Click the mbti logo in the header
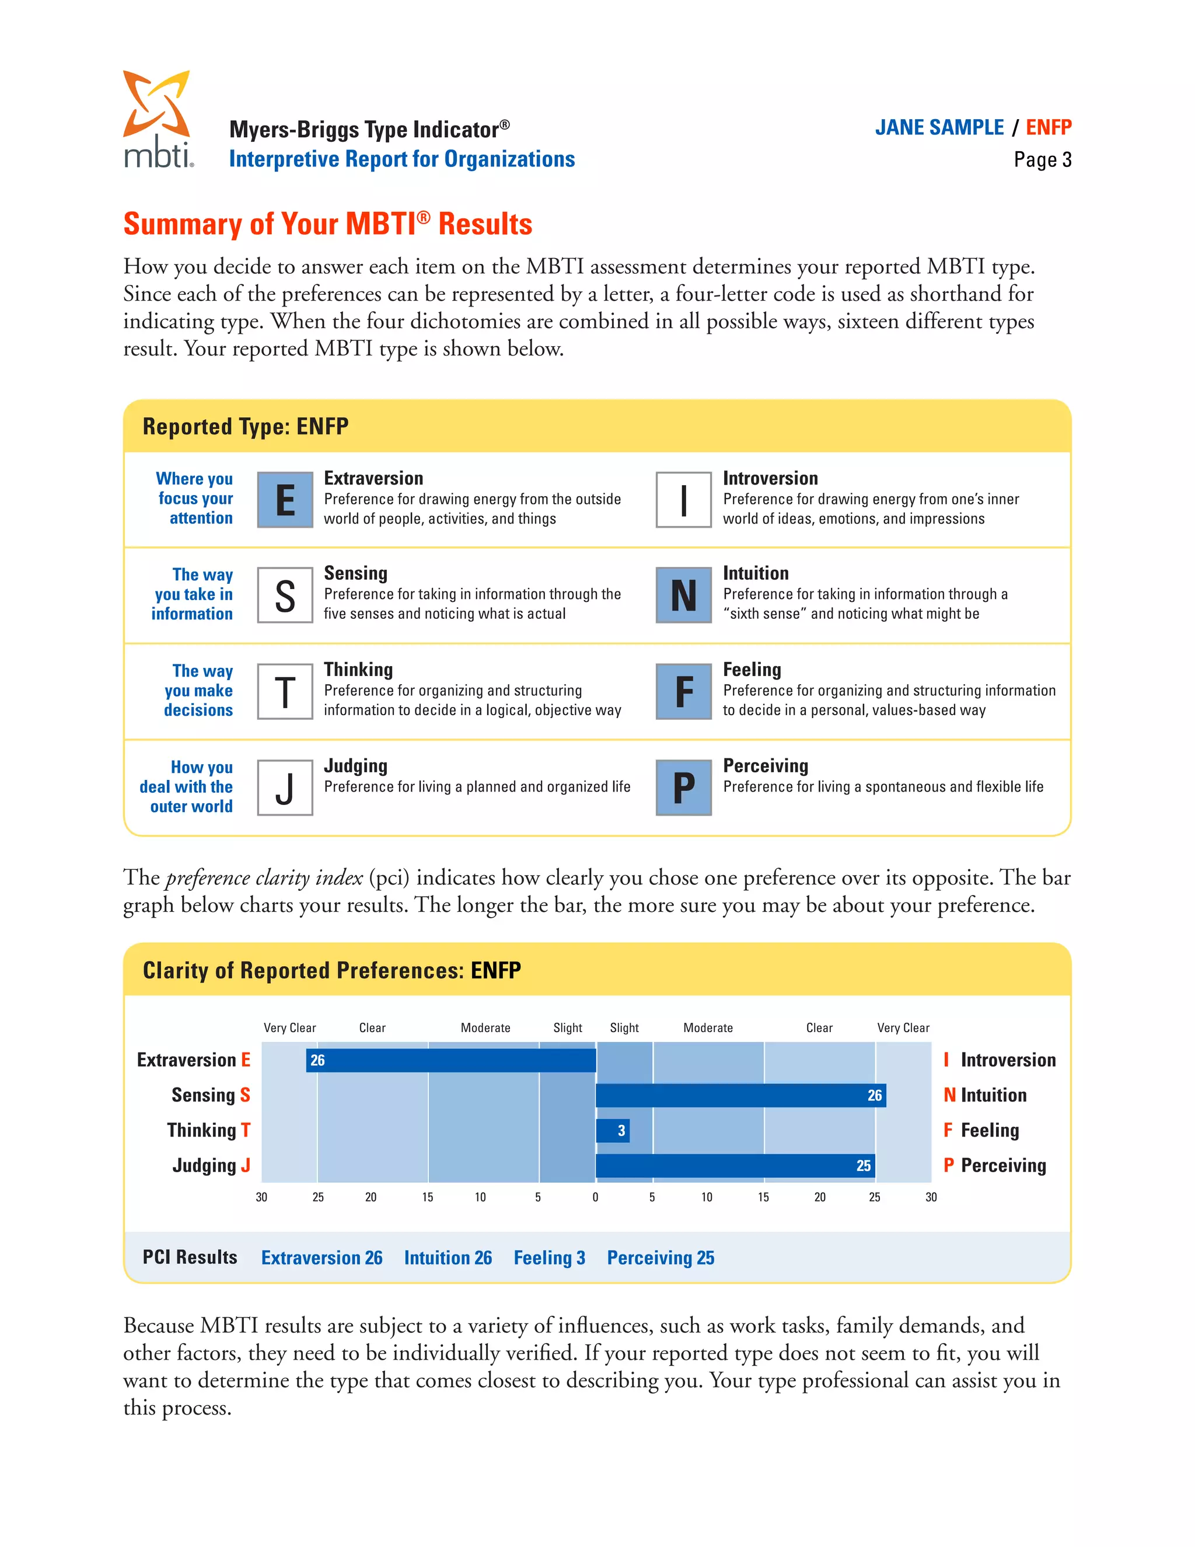[x=157, y=119]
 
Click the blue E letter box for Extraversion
[x=285, y=500]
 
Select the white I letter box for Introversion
[x=683, y=500]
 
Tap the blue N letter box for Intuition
[x=683, y=595]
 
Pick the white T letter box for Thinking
[x=285, y=691]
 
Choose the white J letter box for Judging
[x=285, y=788]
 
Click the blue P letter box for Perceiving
[x=683, y=788]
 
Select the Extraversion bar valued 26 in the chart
[x=451, y=1060]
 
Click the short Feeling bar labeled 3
[x=612, y=1131]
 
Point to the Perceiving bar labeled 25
[x=735, y=1166]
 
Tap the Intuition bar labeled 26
[x=740, y=1095]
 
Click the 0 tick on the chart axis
[x=595, y=1197]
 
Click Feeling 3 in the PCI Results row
[x=549, y=1258]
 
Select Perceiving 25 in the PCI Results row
[x=661, y=1258]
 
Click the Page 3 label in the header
[x=1042, y=160]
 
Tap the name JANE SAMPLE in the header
[x=939, y=127]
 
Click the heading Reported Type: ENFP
[x=246, y=426]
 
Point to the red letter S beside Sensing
[x=245, y=1095]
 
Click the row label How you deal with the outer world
[x=187, y=787]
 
